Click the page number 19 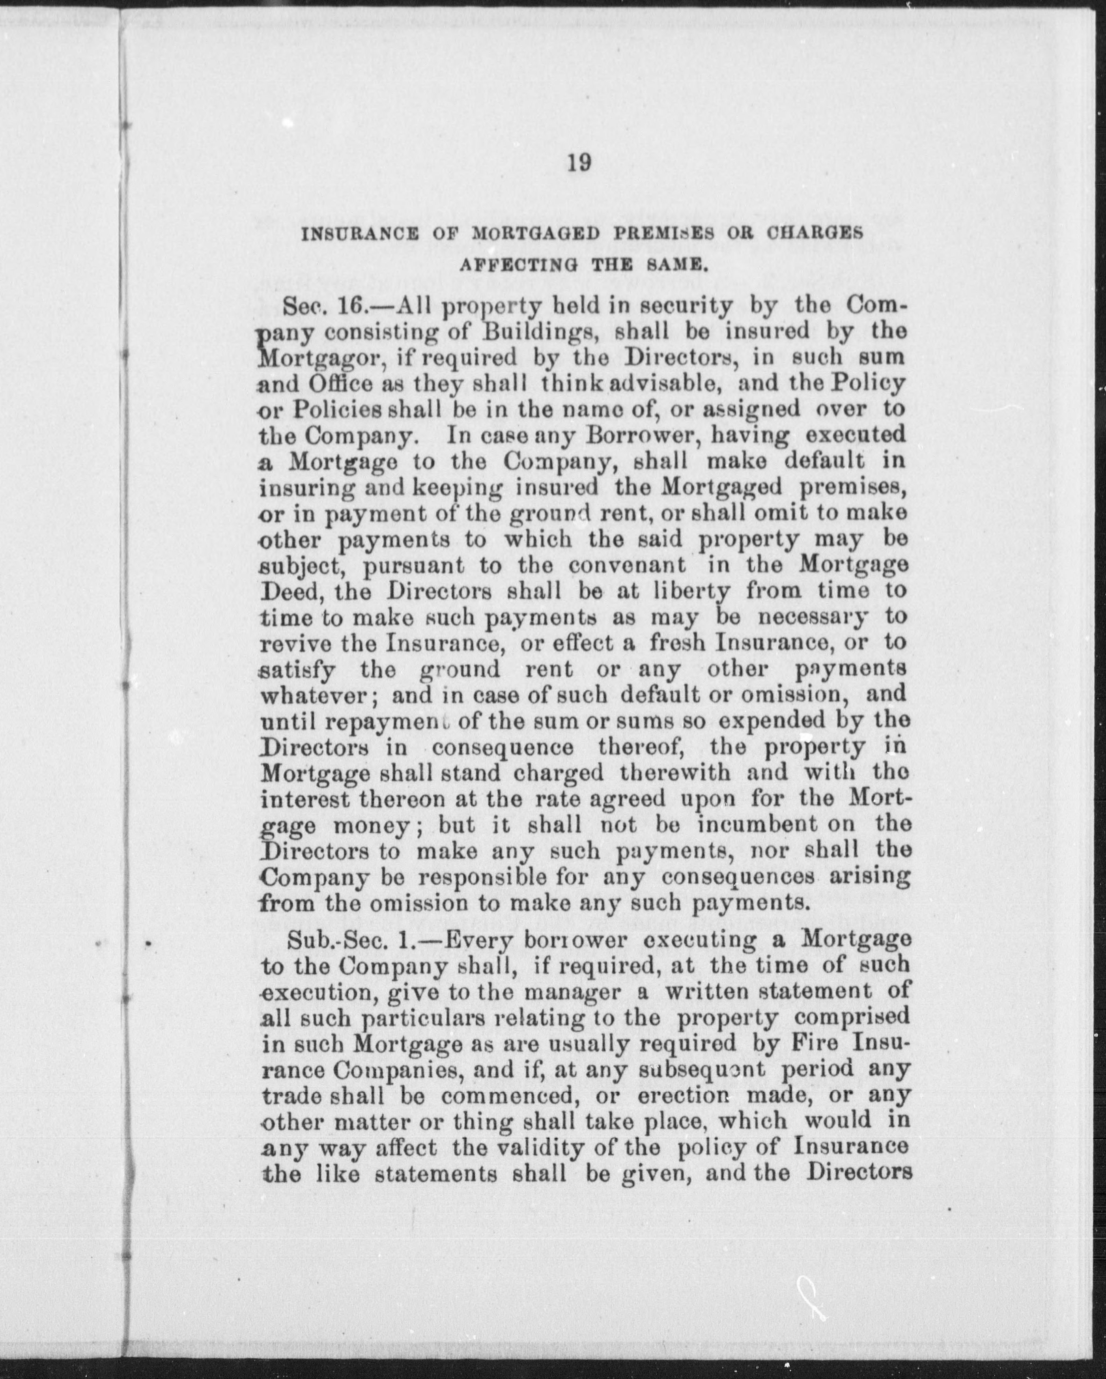[x=579, y=164]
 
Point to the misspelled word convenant [x=628, y=565]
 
